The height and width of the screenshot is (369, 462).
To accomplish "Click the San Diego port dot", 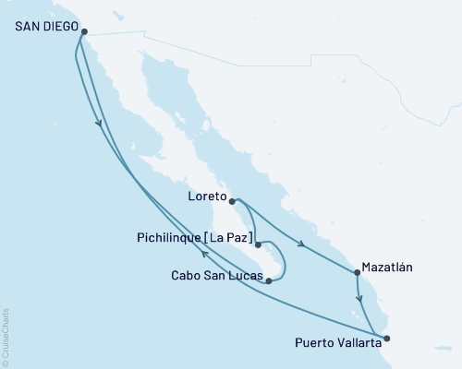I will pos(84,31).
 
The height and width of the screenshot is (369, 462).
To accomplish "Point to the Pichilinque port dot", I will pos(258,245).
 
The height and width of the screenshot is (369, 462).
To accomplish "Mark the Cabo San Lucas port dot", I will pos(268,280).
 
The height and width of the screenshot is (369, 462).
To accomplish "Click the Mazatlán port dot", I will pos(357,272).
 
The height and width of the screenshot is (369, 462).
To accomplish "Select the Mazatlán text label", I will pos(387,267).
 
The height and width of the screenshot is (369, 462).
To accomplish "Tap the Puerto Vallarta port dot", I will pos(385,339).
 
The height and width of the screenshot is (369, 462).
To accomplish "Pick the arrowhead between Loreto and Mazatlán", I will pos(302,244).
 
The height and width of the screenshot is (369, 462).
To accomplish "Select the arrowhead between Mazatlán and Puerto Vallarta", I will pos(360,301).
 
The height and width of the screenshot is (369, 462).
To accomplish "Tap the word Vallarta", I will pos(355,343).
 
